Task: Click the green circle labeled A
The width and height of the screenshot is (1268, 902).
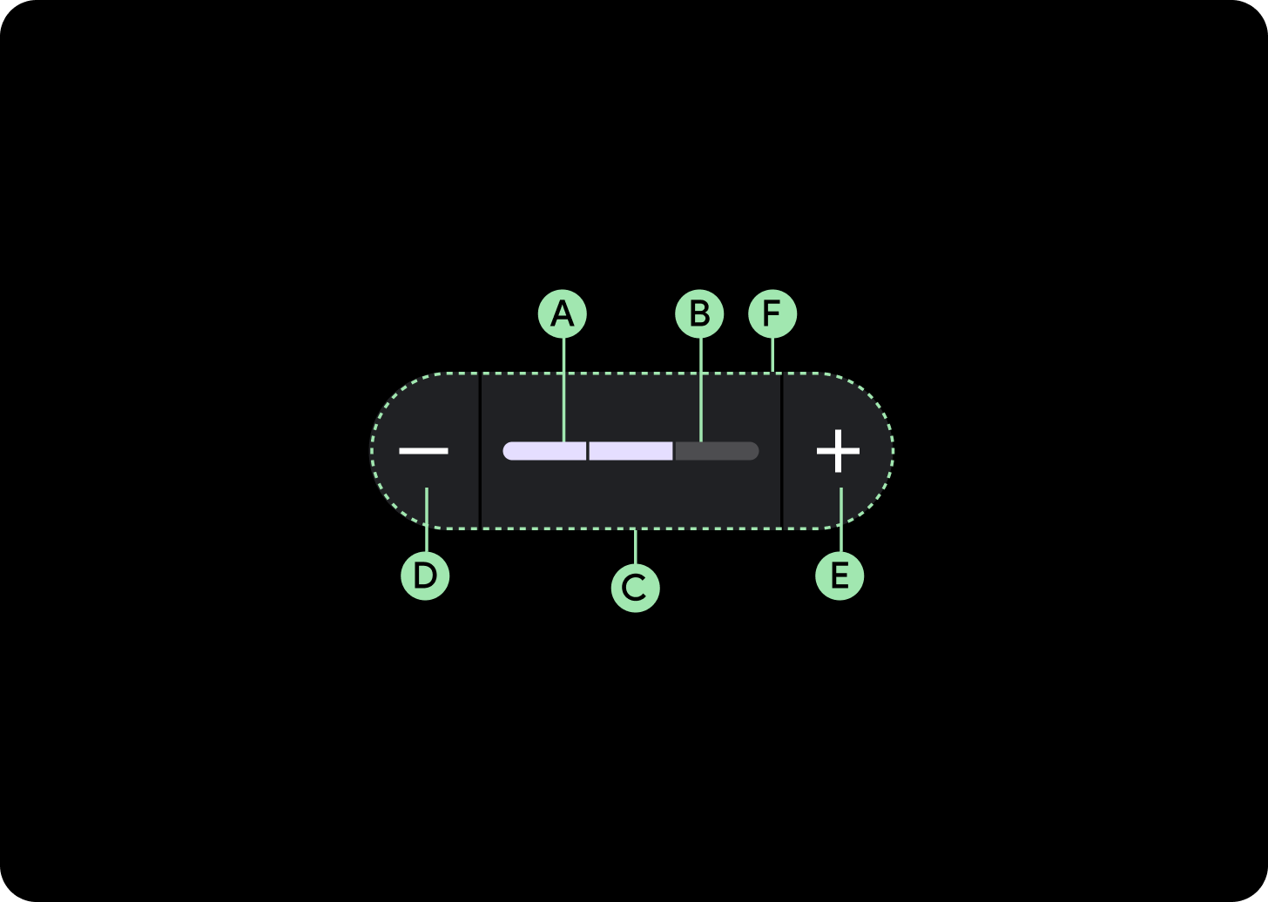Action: [563, 314]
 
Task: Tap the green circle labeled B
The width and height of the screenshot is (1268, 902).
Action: [699, 314]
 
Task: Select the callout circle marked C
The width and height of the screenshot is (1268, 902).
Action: [635, 588]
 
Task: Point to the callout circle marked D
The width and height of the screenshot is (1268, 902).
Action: [425, 576]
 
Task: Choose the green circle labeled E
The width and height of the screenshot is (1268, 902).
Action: [840, 576]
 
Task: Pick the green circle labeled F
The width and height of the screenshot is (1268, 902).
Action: [772, 314]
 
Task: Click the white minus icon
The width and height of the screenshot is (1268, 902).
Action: [423, 451]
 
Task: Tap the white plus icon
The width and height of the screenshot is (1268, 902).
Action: [838, 451]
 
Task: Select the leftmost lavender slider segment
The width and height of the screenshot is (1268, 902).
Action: [545, 451]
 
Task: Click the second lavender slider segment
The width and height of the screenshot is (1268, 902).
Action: [631, 451]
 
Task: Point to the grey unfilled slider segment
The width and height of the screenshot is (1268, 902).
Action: [717, 451]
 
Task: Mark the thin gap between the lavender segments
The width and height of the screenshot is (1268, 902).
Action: [588, 451]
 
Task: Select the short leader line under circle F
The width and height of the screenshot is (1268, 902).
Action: [772, 355]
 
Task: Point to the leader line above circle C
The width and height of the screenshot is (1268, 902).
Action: [635, 547]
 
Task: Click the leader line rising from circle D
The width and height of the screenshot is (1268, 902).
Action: [426, 520]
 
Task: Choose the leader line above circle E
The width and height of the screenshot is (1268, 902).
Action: [840, 520]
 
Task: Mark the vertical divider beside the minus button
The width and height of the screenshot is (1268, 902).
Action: [480, 451]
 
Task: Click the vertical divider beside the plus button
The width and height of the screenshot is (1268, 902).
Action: [782, 451]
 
